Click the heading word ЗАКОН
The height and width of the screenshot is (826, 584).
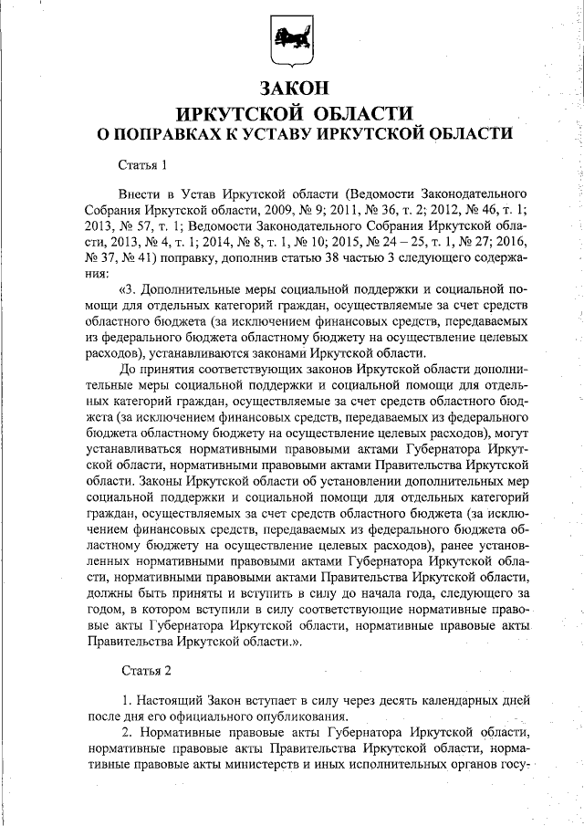click(x=293, y=89)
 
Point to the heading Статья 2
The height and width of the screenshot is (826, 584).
click(x=146, y=671)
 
